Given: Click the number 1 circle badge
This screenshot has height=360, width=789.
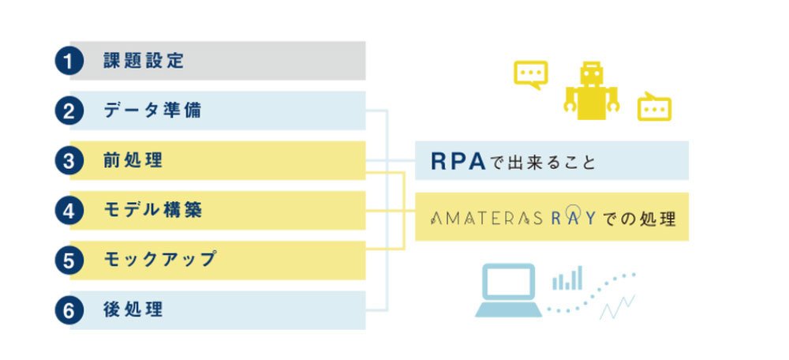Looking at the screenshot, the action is pos(69,61).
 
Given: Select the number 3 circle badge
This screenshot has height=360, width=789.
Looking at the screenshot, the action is pos(69,160).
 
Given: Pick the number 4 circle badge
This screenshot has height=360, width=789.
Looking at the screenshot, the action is pos(69,211).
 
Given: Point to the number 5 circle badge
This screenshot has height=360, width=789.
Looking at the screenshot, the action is pos(69,261).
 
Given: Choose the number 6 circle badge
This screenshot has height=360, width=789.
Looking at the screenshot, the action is pos(69,310).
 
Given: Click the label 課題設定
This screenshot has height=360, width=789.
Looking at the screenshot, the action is pos(144,61).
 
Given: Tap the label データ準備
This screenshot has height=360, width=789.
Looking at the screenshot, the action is pos(152,111).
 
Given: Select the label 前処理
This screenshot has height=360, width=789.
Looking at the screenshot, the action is pos(133,160).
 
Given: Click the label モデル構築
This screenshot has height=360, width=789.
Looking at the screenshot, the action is pos(153,211).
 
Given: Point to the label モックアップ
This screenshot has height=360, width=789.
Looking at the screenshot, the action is pos(160,260).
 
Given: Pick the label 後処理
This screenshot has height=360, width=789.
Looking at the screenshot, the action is pos(133,310).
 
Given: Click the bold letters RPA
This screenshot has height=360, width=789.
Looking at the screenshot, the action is pos(458,162).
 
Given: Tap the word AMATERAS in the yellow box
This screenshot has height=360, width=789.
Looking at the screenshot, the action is pos(486,219).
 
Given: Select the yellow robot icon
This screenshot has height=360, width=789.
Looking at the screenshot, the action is pos(591,91).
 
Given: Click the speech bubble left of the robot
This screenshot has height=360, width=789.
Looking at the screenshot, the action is pos(530,74).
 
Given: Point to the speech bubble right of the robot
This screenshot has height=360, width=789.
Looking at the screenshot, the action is pos(654,107).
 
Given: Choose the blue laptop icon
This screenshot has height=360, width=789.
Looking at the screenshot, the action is pos(508,291).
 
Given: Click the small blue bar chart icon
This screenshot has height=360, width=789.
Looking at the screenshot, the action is pos(567,278).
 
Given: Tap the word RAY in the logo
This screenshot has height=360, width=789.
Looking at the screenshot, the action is pos(573,218).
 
